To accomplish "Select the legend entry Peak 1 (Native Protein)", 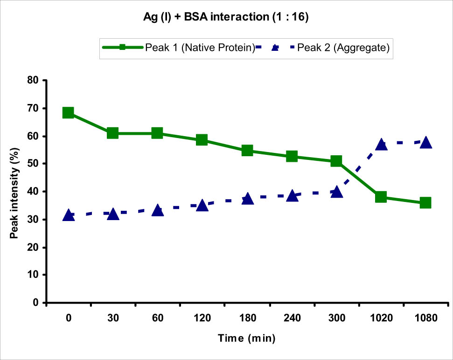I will (x=199, y=48).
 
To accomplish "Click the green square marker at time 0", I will (x=68, y=113).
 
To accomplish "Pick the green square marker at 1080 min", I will (x=425, y=203).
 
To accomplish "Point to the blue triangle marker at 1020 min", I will (x=381, y=144).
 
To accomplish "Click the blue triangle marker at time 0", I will (x=68, y=215).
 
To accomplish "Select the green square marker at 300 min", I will (x=336, y=161).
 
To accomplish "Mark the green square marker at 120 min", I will (x=202, y=140).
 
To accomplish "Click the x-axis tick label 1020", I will (x=381, y=319).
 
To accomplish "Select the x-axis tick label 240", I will (x=292, y=319).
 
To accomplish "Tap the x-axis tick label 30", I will (x=113, y=319).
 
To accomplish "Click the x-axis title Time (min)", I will (x=247, y=338).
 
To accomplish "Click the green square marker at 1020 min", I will (x=381, y=197).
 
